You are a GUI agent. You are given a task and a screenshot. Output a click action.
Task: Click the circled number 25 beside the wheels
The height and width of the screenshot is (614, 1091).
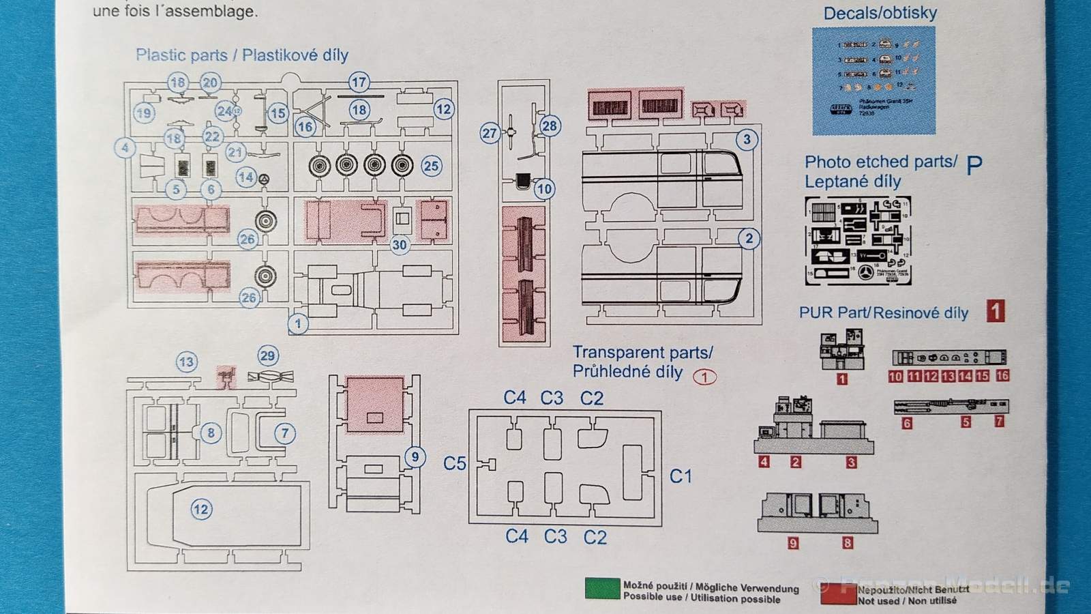point(431,166)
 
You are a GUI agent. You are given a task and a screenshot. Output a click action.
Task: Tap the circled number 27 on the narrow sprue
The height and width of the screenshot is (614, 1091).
point(490,133)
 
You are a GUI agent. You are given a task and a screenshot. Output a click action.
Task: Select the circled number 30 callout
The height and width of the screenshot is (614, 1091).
point(400,245)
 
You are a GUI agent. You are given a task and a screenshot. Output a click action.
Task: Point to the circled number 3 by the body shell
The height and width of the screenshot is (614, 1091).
point(747,140)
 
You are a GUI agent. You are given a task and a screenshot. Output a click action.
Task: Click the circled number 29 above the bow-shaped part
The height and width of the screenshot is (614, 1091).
point(267,355)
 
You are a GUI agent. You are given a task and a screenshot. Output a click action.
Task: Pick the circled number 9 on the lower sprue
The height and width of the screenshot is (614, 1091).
point(415,457)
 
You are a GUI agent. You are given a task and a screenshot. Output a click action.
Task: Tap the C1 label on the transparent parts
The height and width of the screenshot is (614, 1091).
point(681,476)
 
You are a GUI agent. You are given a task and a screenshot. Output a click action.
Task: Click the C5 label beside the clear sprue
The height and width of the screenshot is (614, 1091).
point(455,464)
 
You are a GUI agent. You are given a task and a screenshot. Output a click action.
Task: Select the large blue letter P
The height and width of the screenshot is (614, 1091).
point(974,164)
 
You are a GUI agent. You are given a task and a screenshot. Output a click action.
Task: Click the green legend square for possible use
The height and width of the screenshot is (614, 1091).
point(602,589)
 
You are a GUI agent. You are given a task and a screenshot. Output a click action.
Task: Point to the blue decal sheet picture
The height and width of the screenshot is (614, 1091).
point(873,81)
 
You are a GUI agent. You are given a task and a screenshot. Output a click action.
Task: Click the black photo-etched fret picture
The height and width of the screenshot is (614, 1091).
point(858,241)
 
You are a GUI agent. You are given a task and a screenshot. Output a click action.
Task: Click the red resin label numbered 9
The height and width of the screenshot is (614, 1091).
point(793,543)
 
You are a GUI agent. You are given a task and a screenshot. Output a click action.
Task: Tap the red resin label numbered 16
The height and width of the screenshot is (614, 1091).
point(1002,376)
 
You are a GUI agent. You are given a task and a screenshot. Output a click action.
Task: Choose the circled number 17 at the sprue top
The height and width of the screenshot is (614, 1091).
point(359,83)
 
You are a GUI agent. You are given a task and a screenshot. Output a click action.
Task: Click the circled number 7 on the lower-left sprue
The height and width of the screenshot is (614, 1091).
point(285,433)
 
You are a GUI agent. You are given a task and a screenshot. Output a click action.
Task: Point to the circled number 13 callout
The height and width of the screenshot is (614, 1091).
point(186,362)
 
